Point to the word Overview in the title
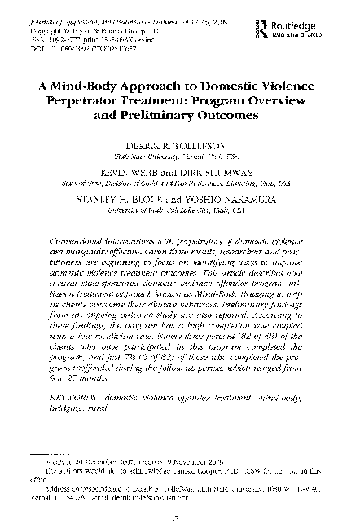pyautogui.click(x=275, y=99)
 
